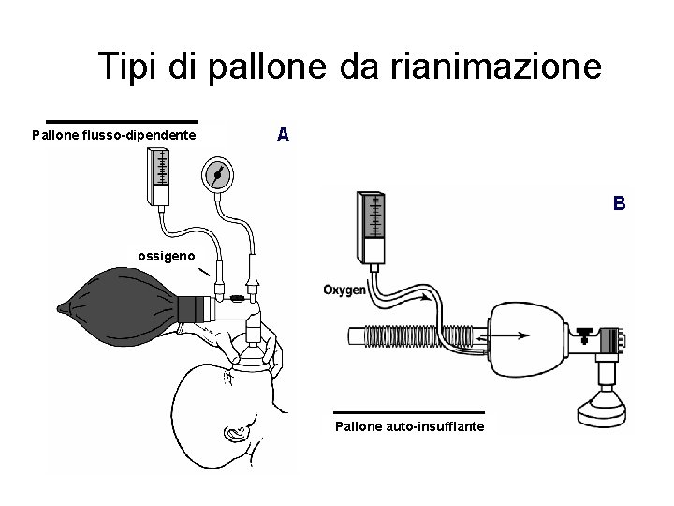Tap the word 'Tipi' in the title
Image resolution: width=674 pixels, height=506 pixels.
(x=130, y=67)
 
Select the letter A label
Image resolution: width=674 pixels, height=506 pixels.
(x=284, y=135)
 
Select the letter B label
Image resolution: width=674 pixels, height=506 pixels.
(x=619, y=202)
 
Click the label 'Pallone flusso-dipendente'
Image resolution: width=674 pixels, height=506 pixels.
(x=114, y=136)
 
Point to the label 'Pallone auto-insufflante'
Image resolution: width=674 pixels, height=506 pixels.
(x=410, y=427)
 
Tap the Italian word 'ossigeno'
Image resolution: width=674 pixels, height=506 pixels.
(x=168, y=255)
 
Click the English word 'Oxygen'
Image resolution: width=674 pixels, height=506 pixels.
(x=344, y=290)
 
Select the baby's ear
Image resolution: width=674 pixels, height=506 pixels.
(x=233, y=432)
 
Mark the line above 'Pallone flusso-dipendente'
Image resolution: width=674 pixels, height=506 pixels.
(x=122, y=121)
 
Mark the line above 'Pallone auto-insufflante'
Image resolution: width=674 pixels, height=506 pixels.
(x=409, y=412)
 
